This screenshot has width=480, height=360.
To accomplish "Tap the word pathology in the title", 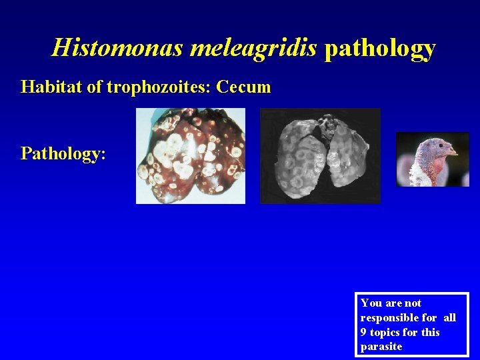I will coord(379,48).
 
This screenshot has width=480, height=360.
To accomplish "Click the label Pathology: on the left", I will coord(63,153).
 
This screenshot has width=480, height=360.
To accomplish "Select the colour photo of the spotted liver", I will coord(191,156).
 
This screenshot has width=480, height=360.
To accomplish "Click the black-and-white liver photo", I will coord(320,156).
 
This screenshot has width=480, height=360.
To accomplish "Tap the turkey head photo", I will coord(433,159).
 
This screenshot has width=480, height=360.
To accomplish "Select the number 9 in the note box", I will coord(364,332).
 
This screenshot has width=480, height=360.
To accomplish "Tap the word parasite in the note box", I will coord(381,347).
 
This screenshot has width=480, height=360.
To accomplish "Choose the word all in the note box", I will coord(449,317).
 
